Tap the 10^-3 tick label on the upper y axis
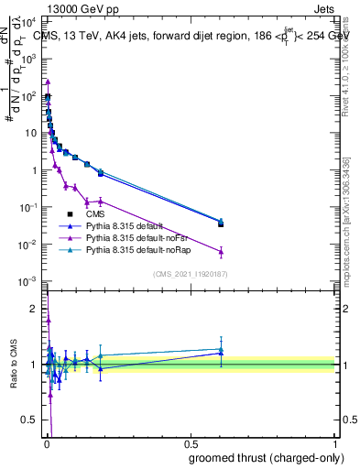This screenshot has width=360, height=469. (x=30, y=281)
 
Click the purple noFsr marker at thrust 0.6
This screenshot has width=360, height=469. (x=221, y=252)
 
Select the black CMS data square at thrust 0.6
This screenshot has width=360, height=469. (x=221, y=224)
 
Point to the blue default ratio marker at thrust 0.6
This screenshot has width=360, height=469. (x=221, y=353)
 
